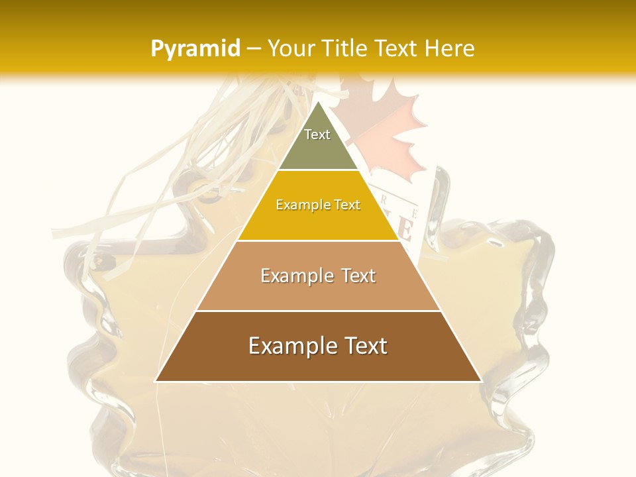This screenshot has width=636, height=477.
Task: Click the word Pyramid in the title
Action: click(195, 49)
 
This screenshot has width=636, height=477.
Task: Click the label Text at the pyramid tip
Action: click(317, 134)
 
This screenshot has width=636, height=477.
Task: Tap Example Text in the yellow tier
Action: click(318, 205)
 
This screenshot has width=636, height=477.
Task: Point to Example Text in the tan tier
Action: click(318, 276)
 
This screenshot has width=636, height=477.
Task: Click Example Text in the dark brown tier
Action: click(318, 346)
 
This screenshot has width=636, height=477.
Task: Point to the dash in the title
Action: click(254, 49)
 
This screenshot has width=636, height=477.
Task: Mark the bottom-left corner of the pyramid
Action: click(156, 381)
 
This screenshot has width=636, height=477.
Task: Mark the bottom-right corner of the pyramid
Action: click(481, 381)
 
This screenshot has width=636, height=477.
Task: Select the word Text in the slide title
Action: click(397, 48)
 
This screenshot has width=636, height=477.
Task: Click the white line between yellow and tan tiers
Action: click(318, 240)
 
